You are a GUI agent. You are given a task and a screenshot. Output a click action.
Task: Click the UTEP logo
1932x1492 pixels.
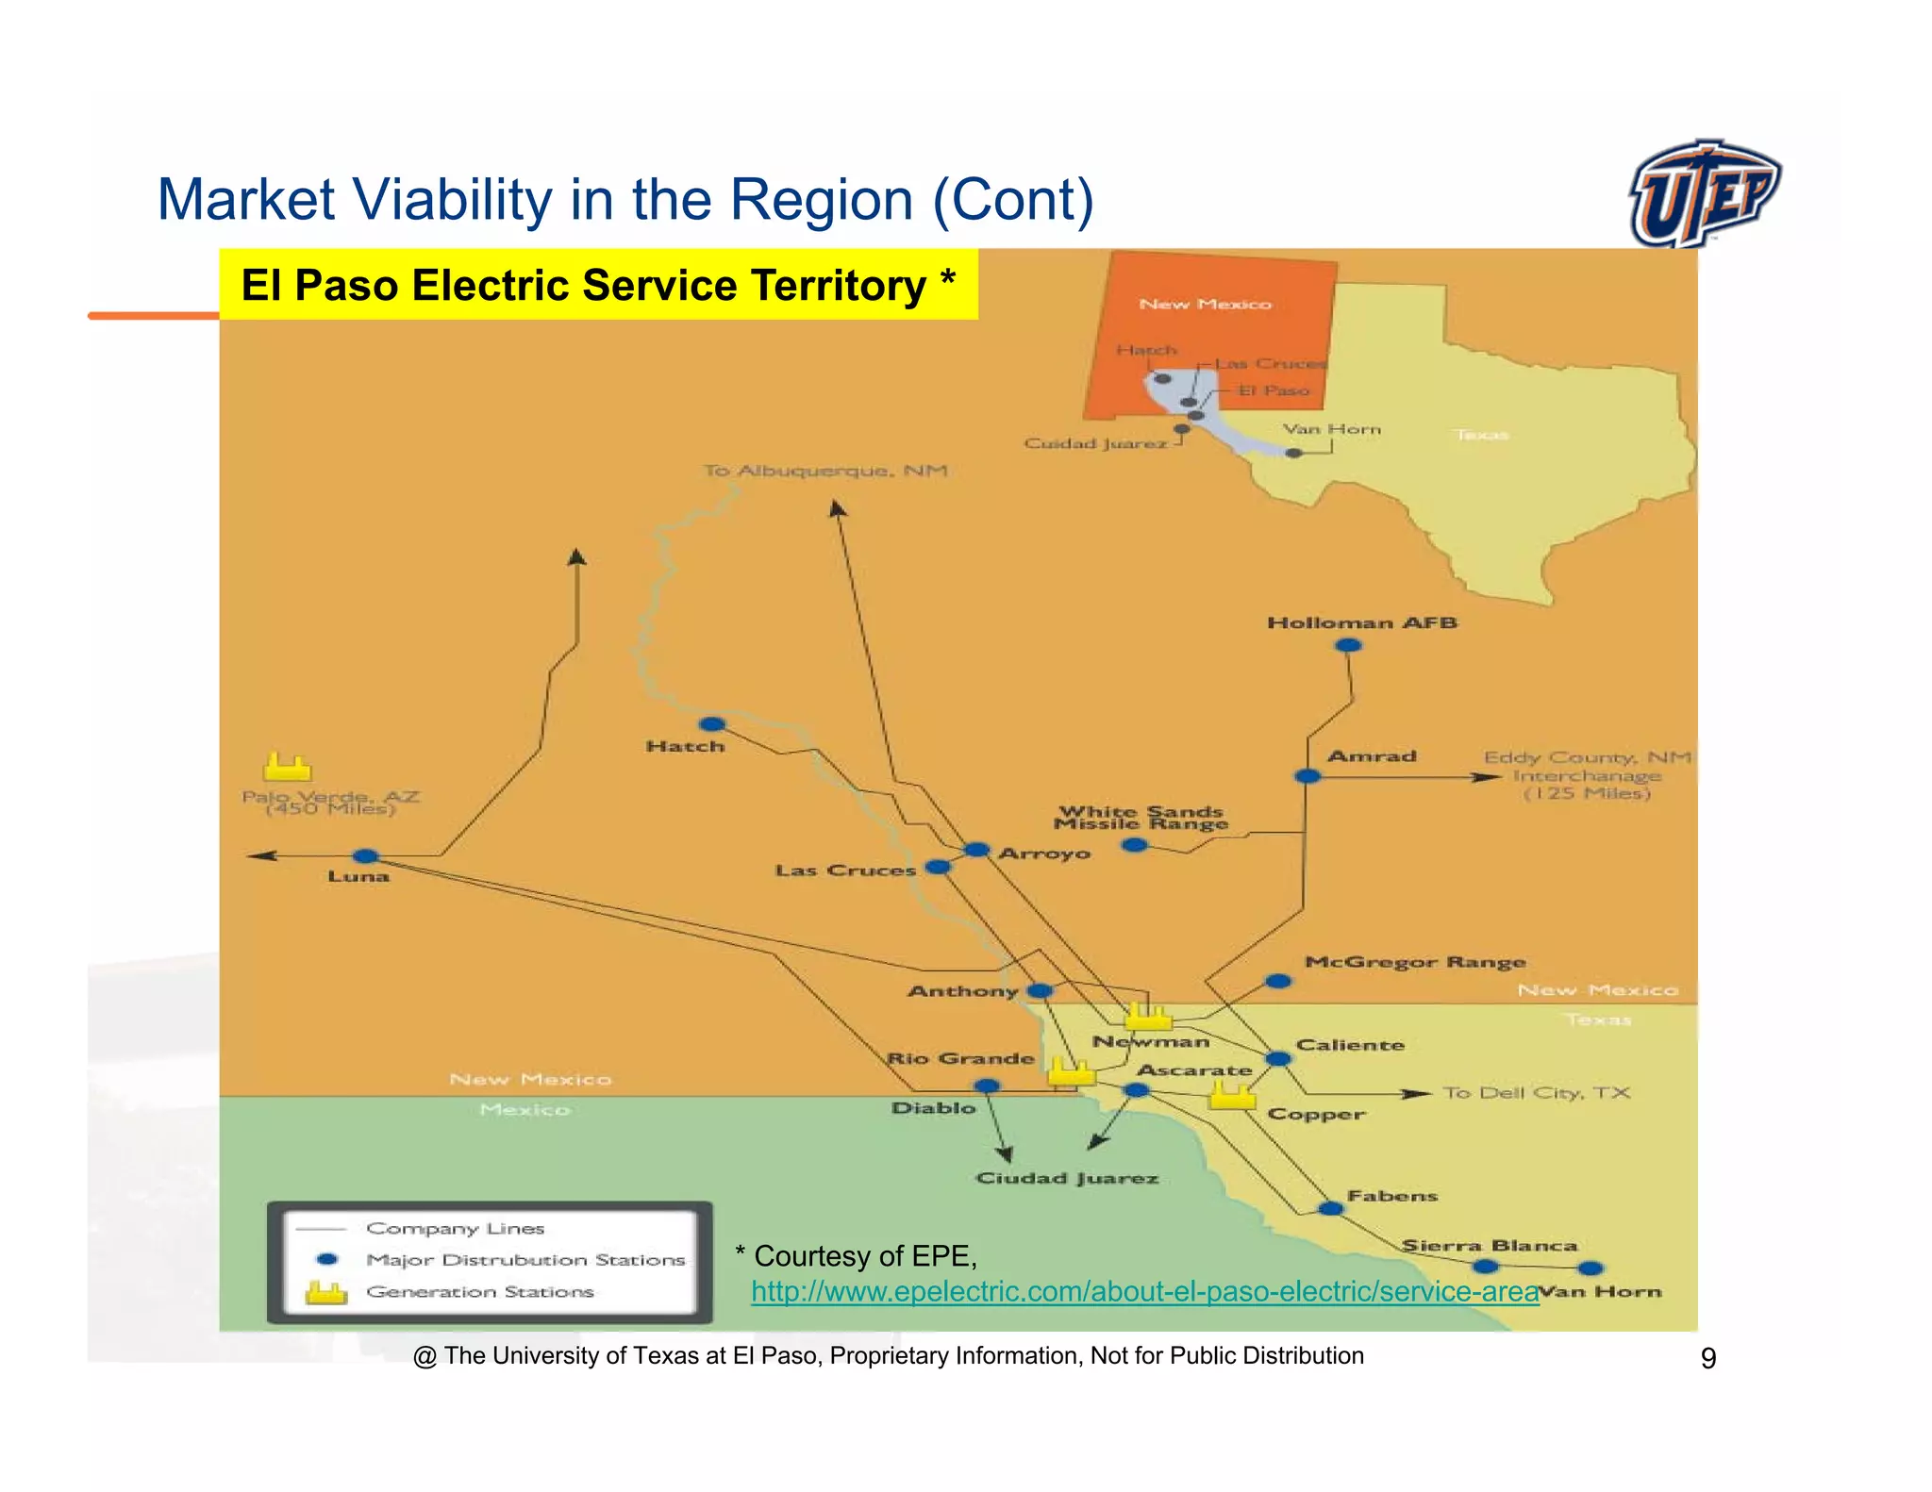[1704, 192]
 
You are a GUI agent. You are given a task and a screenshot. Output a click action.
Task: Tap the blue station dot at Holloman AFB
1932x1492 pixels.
[1348, 645]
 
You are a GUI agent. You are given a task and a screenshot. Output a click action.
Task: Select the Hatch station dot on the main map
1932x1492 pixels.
[712, 724]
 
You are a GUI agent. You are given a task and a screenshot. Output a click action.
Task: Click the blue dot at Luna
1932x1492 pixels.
[365, 856]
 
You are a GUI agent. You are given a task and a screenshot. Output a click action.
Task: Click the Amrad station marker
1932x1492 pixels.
[1307, 776]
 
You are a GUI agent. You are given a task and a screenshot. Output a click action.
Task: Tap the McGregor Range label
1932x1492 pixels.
[1414, 962]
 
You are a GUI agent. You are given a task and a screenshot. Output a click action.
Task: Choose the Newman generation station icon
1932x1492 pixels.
[1148, 1017]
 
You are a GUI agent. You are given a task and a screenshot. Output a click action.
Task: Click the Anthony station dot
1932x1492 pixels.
[1040, 990]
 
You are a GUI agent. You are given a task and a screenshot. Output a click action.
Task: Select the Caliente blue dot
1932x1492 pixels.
[1278, 1059]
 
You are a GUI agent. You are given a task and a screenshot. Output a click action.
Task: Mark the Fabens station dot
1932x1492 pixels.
[1330, 1208]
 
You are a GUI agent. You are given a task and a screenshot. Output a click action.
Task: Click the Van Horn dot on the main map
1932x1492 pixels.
[1591, 1268]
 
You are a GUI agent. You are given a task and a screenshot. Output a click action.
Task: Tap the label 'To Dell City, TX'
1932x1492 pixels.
[1536, 1093]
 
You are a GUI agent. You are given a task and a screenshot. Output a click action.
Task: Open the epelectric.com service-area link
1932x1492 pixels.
[1144, 1291]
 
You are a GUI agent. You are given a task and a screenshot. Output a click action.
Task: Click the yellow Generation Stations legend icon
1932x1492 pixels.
[326, 1293]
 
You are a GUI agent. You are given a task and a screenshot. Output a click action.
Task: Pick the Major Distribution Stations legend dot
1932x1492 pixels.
[327, 1259]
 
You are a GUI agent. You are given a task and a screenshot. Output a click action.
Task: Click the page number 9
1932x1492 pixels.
[1707, 1358]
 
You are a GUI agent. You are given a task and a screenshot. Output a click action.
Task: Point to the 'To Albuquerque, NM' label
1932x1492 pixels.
[825, 470]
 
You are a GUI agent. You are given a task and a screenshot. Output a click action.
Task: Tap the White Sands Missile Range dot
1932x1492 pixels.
[1135, 845]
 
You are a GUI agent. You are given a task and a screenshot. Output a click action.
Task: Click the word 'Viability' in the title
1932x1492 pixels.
[452, 200]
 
